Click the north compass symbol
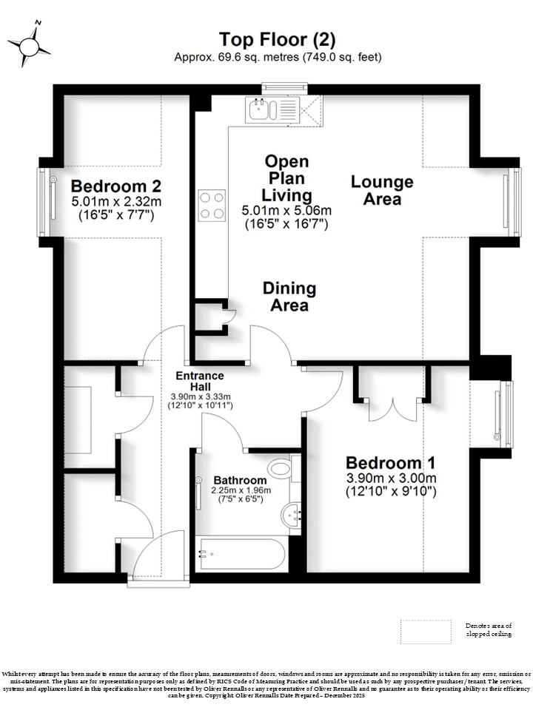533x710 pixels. [x=29, y=45]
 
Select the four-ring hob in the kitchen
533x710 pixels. [x=212, y=205]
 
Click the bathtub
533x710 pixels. [x=240, y=554]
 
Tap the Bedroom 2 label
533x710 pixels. [x=116, y=186]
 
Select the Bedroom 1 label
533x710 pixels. [x=391, y=463]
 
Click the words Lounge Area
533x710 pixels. [x=382, y=190]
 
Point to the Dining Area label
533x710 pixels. [x=289, y=297]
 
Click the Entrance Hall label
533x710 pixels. [x=200, y=382]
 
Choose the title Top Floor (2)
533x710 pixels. [x=278, y=39]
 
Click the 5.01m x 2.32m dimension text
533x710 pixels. [x=116, y=201]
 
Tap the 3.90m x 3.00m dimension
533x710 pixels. [x=391, y=478]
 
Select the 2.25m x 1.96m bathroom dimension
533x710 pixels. [x=241, y=490]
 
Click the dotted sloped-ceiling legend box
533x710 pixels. [x=426, y=632]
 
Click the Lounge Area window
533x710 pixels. [x=514, y=202]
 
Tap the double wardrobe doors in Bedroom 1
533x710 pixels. [x=392, y=410]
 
